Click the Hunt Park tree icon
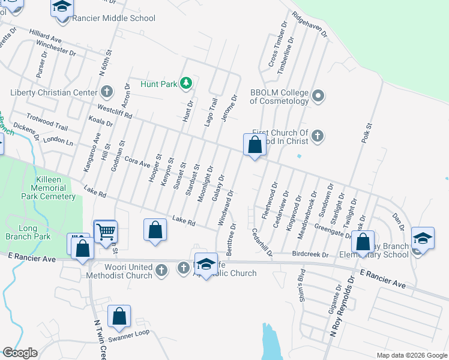click(x=186, y=83)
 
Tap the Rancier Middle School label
click(x=113, y=18)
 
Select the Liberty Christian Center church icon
click(x=107, y=92)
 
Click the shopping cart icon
click(x=106, y=231)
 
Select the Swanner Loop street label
click(x=129, y=334)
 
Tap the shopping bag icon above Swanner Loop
click(x=119, y=316)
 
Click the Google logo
click(x=20, y=352)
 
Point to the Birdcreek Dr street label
click(x=310, y=254)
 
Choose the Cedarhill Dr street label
click(x=262, y=242)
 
